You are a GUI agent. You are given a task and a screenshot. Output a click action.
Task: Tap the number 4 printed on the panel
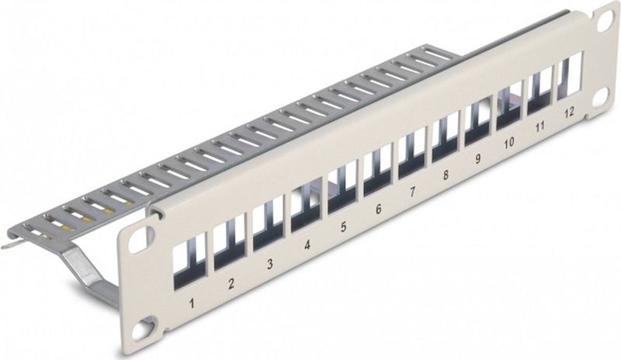click(307, 244)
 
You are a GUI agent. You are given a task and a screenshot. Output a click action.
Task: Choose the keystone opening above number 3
click(268, 220)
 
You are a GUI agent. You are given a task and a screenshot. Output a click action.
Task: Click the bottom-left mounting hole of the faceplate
click(144, 329)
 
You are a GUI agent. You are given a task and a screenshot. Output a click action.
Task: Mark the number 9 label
click(478, 160)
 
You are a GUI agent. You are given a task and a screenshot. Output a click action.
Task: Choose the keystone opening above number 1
click(190, 256)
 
